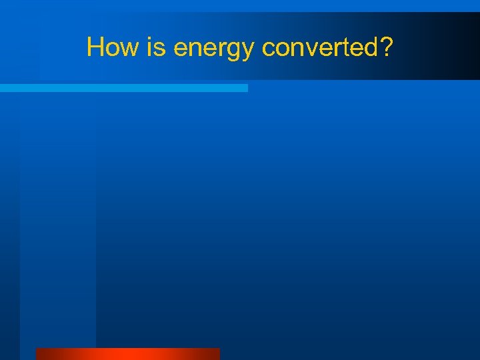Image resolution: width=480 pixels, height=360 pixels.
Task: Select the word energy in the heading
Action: pyautogui.click(x=214, y=49)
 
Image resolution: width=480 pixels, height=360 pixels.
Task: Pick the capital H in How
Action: pyautogui.click(x=95, y=47)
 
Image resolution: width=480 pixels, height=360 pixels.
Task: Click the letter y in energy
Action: pyautogui.click(x=249, y=51)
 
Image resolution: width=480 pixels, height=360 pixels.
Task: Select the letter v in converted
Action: pyautogui.click(x=308, y=49)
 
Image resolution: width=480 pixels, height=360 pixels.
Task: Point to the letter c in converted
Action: pyautogui.click(x=267, y=49)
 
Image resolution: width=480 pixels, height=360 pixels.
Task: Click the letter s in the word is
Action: pyautogui.click(x=153, y=49)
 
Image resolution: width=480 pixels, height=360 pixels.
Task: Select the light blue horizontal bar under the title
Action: pyautogui.click(x=123, y=88)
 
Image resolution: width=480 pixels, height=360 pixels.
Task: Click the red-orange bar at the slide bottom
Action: pyautogui.click(x=127, y=354)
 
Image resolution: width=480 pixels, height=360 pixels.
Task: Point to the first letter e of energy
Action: pyautogui.click(x=180, y=49)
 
